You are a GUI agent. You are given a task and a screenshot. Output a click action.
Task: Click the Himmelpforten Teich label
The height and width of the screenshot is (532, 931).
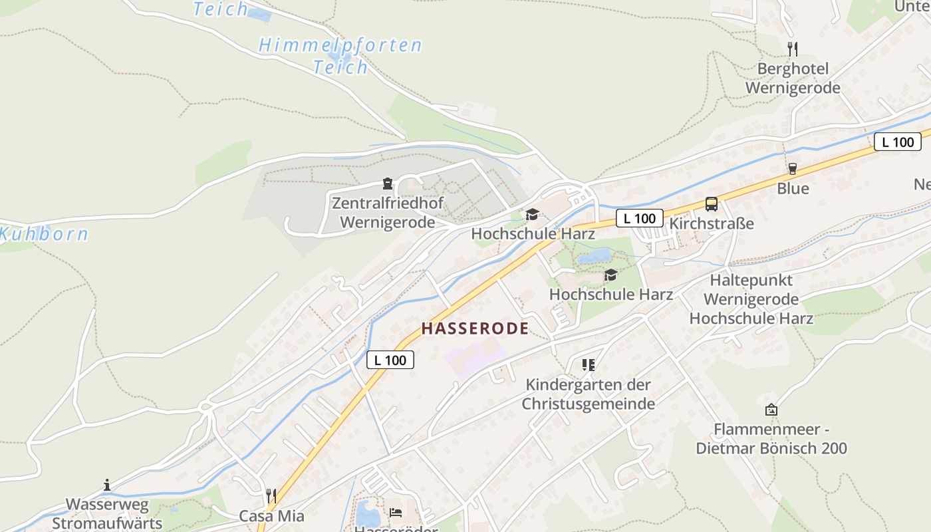tap(340, 56)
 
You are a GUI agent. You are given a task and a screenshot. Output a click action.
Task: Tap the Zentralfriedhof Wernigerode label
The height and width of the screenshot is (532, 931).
tap(388, 213)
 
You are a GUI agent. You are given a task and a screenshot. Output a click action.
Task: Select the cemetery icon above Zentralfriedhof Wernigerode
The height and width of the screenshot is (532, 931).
tap(388, 183)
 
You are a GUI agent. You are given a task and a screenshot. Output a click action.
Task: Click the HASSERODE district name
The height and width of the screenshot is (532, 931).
tap(475, 329)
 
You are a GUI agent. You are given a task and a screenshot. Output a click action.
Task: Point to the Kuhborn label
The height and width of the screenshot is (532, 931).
tap(44, 234)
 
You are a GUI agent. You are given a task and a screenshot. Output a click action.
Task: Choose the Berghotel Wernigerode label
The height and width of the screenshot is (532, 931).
tap(793, 78)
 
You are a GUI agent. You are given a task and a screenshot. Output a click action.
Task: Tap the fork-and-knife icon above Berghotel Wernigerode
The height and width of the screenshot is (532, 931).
tap(792, 49)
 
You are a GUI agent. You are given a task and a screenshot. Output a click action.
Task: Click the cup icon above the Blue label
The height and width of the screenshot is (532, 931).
tap(792, 169)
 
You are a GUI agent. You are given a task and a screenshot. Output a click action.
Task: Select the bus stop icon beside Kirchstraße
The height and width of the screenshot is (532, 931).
tap(712, 204)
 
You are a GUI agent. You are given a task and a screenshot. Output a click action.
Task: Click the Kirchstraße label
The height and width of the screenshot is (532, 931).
tap(712, 223)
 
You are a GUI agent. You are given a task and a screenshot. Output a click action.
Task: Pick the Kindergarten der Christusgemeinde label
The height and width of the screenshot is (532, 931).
tap(589, 394)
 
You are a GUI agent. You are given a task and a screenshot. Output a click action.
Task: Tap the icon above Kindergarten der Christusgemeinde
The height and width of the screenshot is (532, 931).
tap(588, 364)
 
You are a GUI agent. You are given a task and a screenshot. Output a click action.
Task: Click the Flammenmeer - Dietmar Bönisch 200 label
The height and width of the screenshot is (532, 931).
tap(771, 439)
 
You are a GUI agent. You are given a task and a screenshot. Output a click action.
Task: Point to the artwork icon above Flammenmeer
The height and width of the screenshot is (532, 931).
tap(771, 410)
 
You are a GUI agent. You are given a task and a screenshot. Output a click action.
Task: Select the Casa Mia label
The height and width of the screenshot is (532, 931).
tap(271, 516)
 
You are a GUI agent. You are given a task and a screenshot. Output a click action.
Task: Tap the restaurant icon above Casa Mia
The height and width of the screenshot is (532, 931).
tap(271, 495)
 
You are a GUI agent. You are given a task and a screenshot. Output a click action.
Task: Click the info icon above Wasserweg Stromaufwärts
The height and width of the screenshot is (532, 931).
tap(107, 485)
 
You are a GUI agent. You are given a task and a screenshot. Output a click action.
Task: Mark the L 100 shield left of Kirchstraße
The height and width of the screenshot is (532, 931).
tap(640, 218)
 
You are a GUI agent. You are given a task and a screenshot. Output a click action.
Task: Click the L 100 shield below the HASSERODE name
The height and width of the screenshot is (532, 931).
tap(390, 360)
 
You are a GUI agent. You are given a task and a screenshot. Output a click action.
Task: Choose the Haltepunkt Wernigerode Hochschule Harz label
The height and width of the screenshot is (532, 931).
tap(751, 299)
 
